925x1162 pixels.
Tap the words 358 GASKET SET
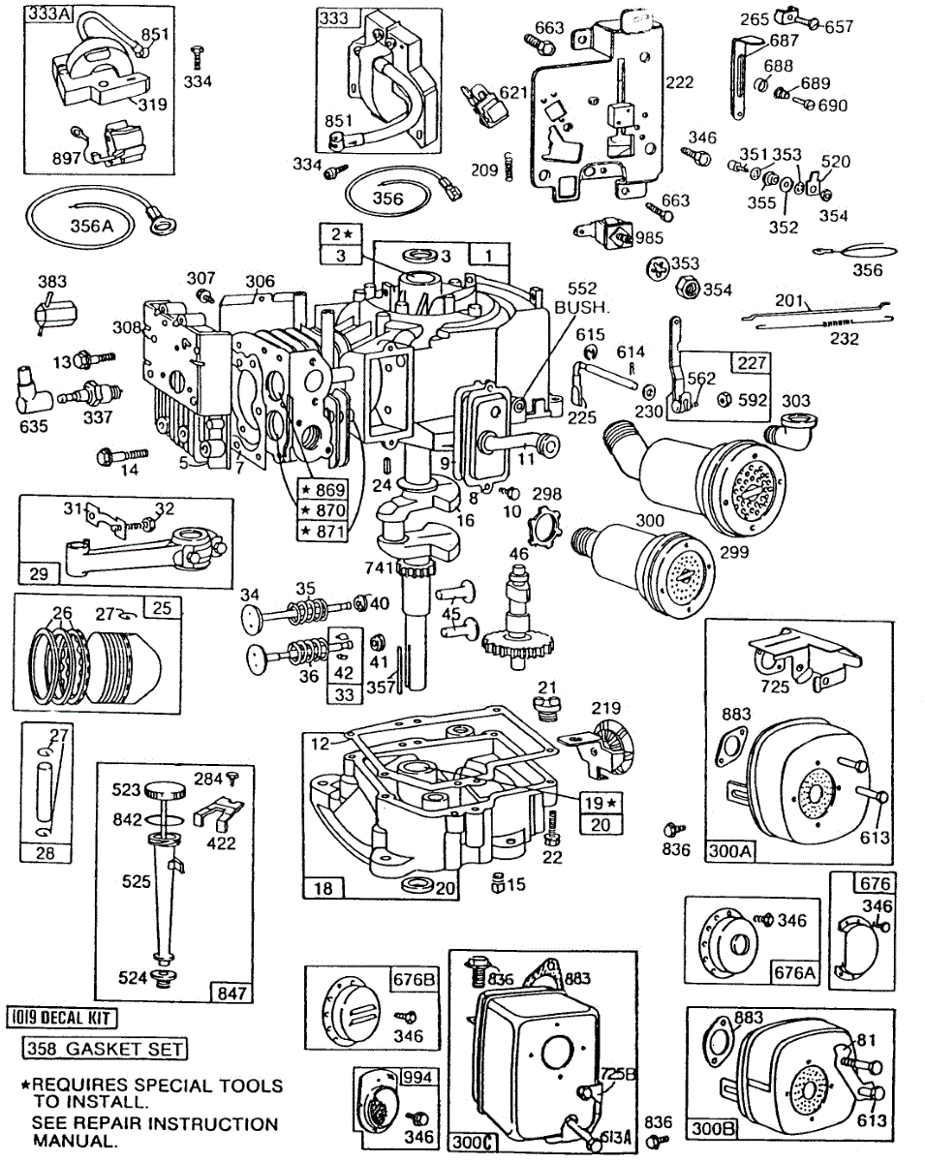[105, 1049]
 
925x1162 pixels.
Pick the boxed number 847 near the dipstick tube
[232, 992]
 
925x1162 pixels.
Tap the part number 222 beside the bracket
[678, 81]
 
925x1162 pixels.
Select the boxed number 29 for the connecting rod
[39, 574]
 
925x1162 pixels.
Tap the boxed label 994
[417, 1076]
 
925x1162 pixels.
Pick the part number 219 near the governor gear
[606, 708]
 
